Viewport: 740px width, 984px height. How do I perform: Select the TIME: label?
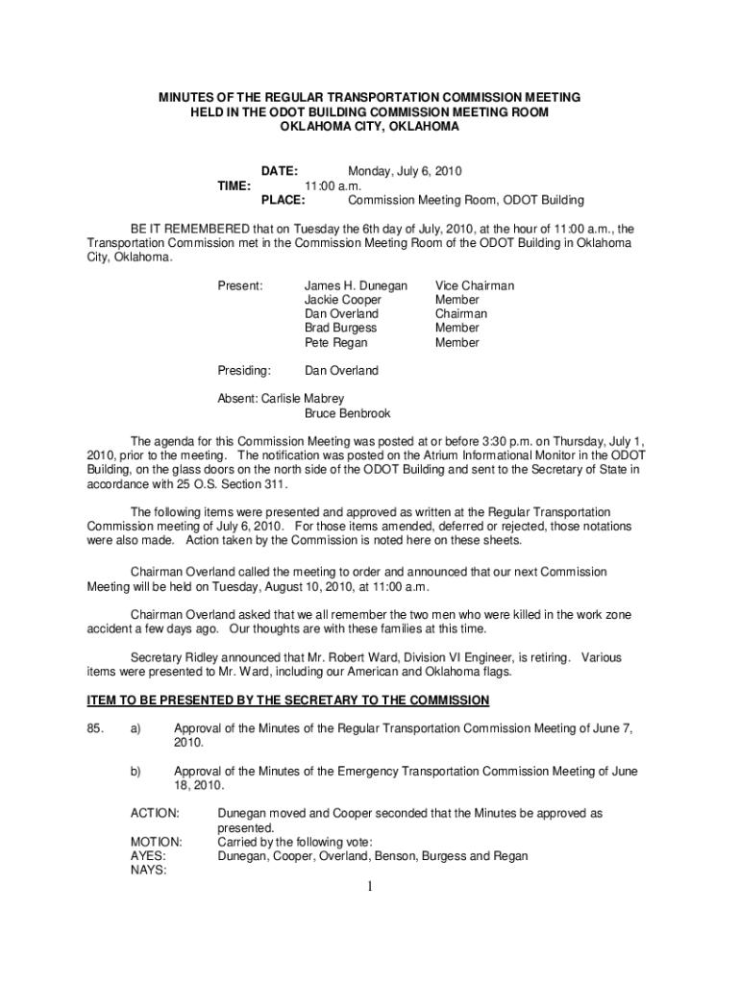pos(234,186)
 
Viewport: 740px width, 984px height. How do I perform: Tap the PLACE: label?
pos(284,201)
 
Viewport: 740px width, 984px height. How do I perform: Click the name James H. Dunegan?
pos(356,286)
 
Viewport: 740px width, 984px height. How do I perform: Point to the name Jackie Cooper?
pos(342,301)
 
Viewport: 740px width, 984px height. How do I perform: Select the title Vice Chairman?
pos(475,286)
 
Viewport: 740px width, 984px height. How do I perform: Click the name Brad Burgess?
pos(340,329)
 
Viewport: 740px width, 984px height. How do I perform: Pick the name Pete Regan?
pos(335,343)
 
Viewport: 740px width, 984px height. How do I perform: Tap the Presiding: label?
pos(245,371)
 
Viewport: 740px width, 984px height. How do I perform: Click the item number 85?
pos(95,728)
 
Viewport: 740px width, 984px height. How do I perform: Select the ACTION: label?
pos(154,814)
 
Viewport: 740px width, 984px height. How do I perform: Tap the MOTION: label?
pos(156,842)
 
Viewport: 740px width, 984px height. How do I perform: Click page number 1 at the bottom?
pos(369,886)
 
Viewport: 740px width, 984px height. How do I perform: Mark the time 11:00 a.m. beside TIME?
pos(333,186)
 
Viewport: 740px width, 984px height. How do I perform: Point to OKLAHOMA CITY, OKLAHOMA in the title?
pos(369,126)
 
